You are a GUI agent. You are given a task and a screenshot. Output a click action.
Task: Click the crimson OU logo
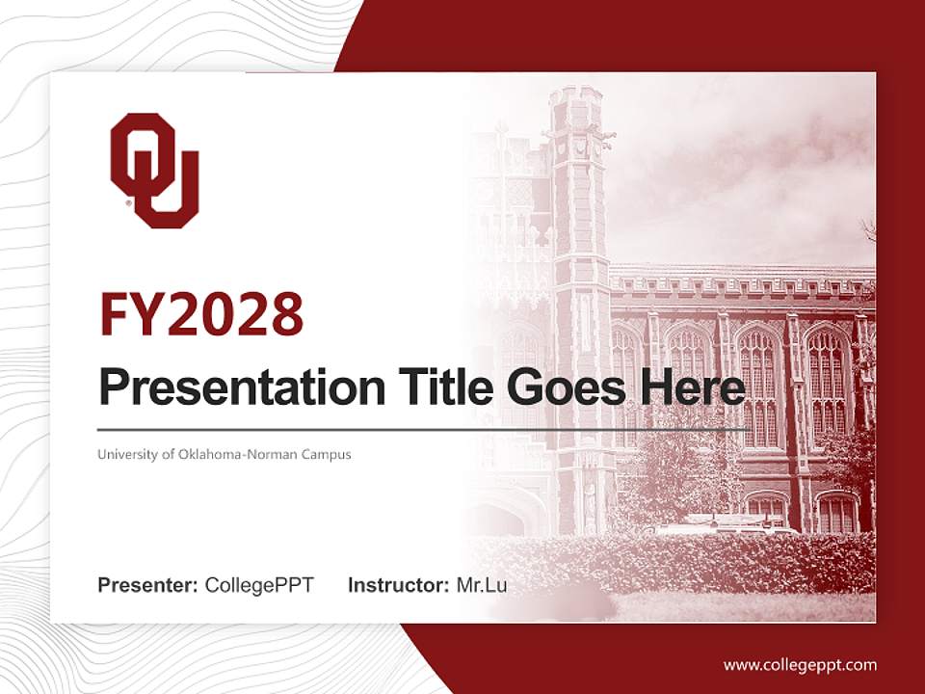(154, 171)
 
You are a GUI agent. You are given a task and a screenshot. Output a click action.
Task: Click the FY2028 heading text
(201, 315)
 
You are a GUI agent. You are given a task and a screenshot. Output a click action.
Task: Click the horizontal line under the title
(424, 429)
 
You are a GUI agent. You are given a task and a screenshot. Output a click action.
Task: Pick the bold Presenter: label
(148, 585)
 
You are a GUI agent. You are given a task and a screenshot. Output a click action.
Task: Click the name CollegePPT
(259, 585)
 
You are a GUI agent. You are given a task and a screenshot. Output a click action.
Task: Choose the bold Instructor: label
(398, 585)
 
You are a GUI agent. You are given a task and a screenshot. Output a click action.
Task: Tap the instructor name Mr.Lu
(481, 585)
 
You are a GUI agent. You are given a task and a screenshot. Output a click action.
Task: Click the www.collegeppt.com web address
(800, 664)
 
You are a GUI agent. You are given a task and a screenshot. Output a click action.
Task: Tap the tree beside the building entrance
(674, 472)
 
